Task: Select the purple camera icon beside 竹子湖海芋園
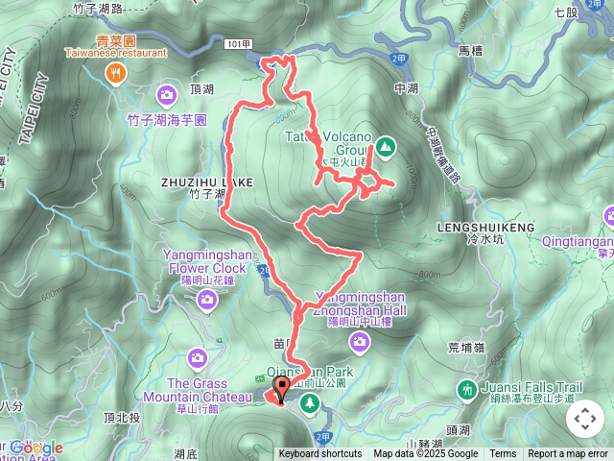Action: (x=167, y=94)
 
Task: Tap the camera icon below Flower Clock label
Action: (x=206, y=302)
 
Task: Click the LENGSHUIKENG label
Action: (x=484, y=227)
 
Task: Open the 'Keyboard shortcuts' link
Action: (x=320, y=454)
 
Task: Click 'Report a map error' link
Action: (x=568, y=454)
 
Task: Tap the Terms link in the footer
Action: (x=503, y=454)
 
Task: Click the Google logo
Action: (x=36, y=448)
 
